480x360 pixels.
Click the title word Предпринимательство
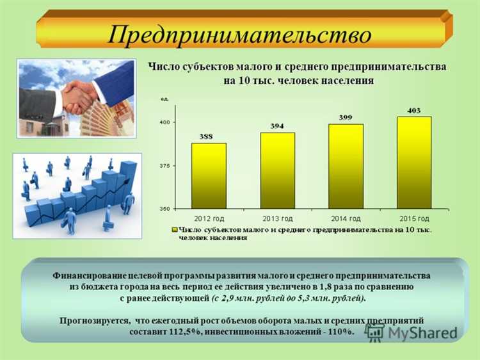[x=239, y=33]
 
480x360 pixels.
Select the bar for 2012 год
[x=209, y=176]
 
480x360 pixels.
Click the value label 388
[x=209, y=136]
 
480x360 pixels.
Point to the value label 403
[x=413, y=110]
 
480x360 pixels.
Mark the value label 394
[x=277, y=126]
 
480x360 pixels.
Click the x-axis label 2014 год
[x=346, y=218]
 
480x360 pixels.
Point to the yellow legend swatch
[x=174, y=229]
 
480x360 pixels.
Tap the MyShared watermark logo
[x=412, y=332]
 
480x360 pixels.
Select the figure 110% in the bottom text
[x=338, y=332]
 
